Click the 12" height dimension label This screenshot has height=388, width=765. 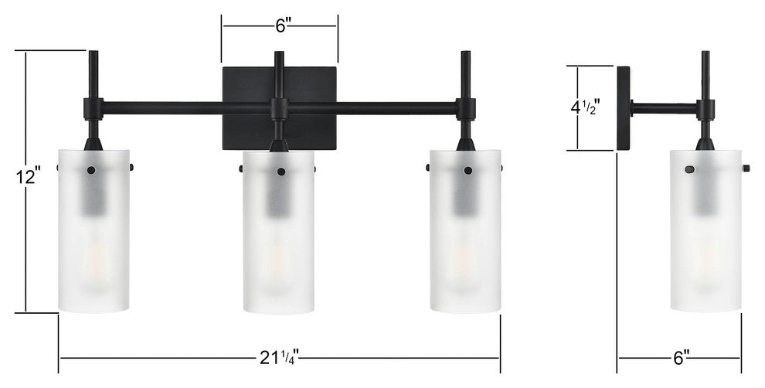[x=27, y=176]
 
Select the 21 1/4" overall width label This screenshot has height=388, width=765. [x=278, y=357]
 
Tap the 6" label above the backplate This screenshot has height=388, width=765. [x=280, y=26]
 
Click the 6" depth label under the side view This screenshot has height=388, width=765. [x=681, y=357]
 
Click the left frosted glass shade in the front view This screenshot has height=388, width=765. [x=93, y=232]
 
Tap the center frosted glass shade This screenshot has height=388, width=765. [x=279, y=232]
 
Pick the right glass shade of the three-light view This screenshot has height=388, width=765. [x=465, y=232]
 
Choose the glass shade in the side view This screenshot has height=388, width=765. [x=705, y=232]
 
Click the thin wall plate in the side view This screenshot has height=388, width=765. [x=623, y=108]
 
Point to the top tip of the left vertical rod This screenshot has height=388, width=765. [x=93, y=53]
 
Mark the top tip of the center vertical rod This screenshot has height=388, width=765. [x=279, y=54]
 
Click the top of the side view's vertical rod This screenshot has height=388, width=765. [x=705, y=53]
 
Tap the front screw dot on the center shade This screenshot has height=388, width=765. [x=280, y=171]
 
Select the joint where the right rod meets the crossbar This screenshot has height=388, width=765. [x=465, y=108]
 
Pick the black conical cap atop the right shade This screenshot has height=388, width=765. [x=465, y=144]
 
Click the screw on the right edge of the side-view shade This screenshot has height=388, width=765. [x=746, y=168]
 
